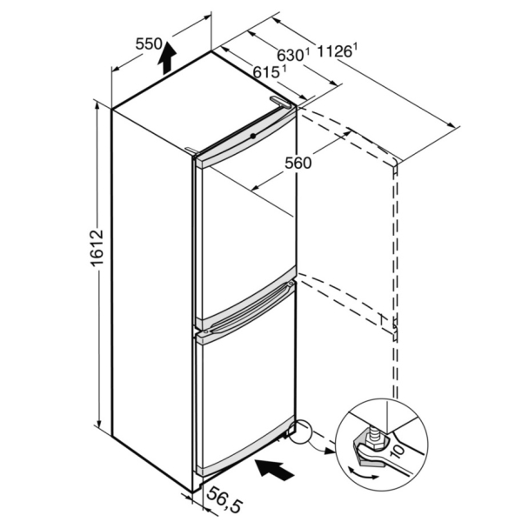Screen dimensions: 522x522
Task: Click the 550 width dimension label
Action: [x=149, y=44]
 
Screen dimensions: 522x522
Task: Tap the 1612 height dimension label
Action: [x=97, y=247]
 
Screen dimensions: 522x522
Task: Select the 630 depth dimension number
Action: [x=291, y=56]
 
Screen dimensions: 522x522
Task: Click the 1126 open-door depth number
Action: [x=335, y=52]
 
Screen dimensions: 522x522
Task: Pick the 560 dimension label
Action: [x=298, y=163]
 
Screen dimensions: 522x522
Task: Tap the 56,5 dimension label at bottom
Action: [x=224, y=500]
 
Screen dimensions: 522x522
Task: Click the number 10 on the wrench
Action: [x=398, y=452]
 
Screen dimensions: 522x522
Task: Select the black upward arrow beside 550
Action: [x=166, y=58]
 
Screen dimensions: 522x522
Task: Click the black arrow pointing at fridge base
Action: [x=274, y=470]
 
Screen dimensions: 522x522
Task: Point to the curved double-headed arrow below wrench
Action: [x=363, y=473]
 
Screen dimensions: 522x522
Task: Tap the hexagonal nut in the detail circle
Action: [x=371, y=444]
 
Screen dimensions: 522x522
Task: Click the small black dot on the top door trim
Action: [x=253, y=136]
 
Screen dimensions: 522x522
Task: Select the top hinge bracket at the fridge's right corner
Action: [x=282, y=102]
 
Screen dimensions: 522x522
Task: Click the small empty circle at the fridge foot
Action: [x=299, y=432]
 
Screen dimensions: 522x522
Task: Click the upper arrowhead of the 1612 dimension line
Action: [x=97, y=106]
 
